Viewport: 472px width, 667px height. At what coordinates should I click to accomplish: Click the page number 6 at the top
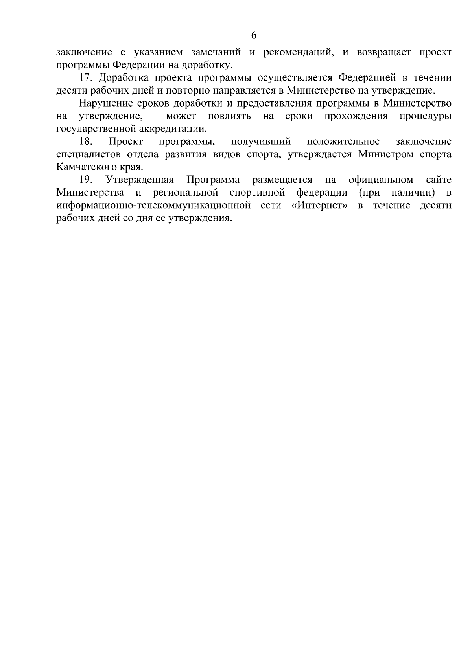[254, 35]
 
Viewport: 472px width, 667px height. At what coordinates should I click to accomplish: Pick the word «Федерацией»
[367, 78]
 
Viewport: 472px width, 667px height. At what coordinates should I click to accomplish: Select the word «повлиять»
[229, 116]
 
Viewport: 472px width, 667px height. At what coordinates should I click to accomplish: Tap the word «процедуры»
[425, 116]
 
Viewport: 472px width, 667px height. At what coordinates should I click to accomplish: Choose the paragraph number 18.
[85, 141]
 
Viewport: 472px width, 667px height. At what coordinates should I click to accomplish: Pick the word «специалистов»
[88, 154]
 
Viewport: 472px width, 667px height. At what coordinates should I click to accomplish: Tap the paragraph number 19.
[85, 180]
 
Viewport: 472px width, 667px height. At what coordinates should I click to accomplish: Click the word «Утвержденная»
[140, 180]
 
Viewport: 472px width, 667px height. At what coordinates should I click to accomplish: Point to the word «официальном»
[381, 180]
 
